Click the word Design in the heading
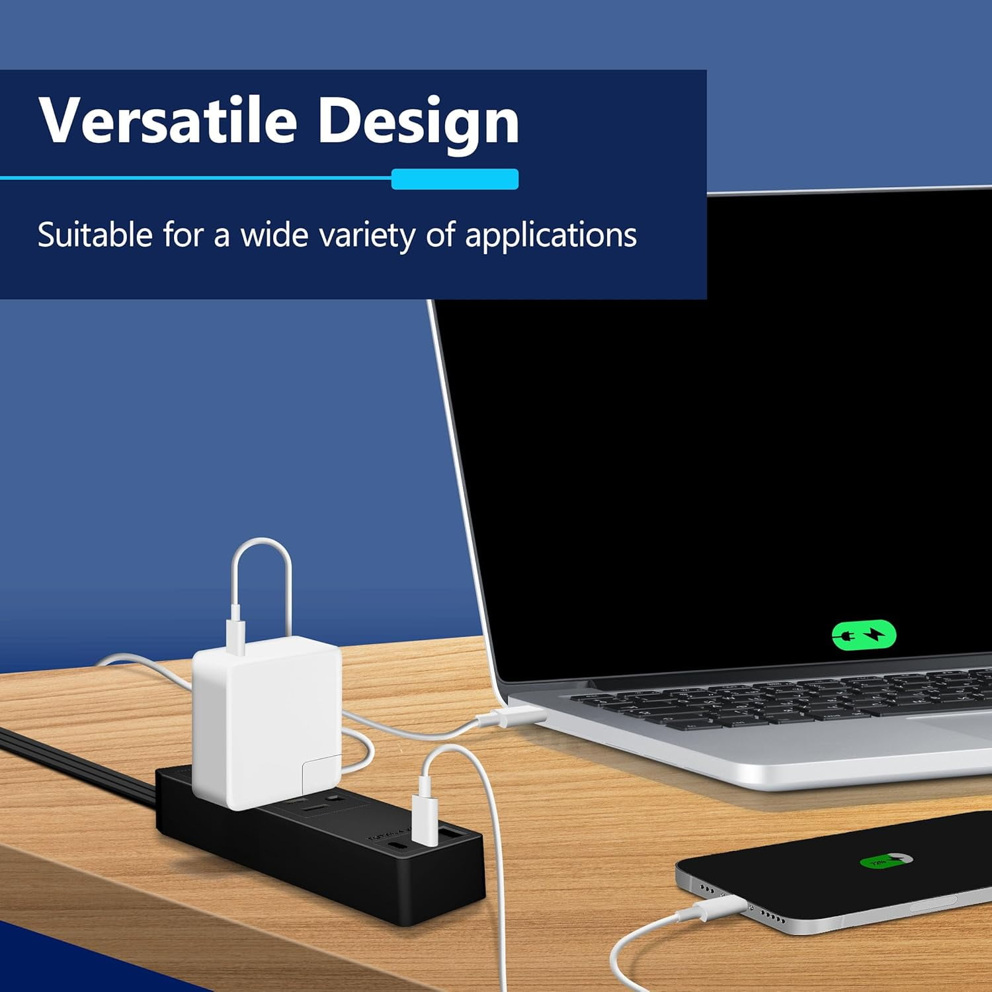(418, 122)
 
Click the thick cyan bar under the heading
(455, 179)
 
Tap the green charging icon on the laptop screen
(864, 636)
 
